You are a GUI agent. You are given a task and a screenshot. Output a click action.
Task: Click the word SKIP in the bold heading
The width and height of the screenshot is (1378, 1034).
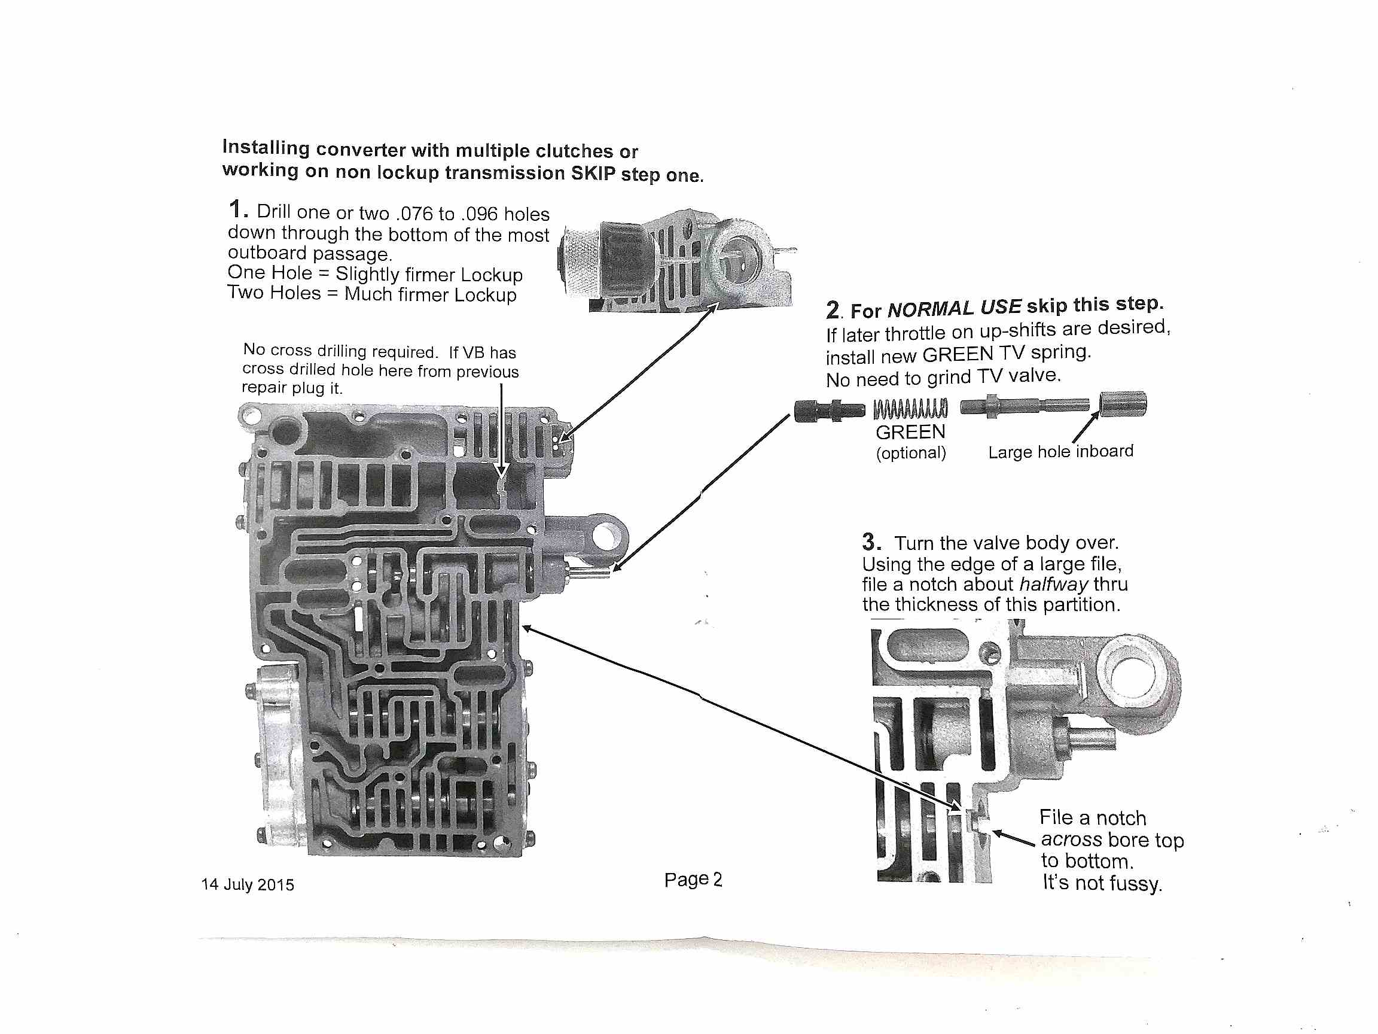(593, 173)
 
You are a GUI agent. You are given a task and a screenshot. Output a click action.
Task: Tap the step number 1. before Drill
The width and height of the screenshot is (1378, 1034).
(238, 209)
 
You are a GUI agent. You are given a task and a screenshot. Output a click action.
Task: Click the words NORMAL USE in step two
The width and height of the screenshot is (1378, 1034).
(954, 308)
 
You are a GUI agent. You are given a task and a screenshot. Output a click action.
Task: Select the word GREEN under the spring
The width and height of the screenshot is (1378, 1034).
(910, 432)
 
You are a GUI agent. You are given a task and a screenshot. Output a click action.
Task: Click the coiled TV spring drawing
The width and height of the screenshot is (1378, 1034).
(910, 409)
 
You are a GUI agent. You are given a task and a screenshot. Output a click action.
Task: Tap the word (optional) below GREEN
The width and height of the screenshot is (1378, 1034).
(911, 452)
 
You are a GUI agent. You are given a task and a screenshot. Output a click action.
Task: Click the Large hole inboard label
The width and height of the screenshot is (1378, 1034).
(1060, 451)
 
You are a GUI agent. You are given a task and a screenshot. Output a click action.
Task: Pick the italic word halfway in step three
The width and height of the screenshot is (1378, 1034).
(1053, 584)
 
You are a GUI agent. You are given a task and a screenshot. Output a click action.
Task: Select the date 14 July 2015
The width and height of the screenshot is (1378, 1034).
(248, 884)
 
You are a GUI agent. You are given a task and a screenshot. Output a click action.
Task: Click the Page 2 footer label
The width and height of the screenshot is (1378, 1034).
(693, 880)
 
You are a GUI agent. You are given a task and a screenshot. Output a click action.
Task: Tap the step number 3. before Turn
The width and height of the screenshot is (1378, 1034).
(871, 541)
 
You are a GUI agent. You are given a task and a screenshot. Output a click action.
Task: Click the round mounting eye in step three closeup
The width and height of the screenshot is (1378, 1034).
(1134, 678)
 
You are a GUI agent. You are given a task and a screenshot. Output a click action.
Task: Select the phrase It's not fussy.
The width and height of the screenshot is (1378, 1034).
(1102, 883)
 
